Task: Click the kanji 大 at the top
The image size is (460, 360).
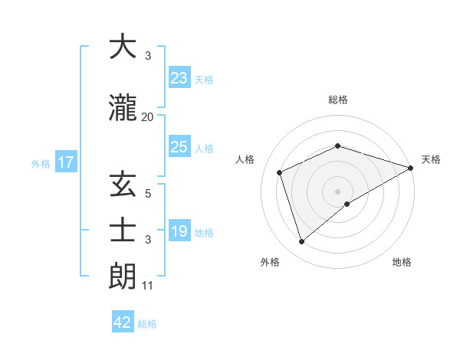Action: [123, 47]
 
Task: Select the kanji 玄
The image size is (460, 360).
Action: [123, 185]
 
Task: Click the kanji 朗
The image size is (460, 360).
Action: [123, 273]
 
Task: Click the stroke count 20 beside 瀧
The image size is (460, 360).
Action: [148, 116]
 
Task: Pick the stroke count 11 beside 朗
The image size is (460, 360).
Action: [148, 286]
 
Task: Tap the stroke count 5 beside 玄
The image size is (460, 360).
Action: [148, 194]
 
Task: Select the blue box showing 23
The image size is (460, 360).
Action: [179, 78]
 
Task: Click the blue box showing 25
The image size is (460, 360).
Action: [179, 147]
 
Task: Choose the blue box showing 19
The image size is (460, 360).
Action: [179, 231]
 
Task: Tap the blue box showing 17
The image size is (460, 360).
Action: [65, 162]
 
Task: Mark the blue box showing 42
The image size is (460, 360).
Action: [123, 322]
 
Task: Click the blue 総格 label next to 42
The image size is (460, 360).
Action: [147, 324]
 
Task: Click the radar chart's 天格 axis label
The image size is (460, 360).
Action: [431, 159]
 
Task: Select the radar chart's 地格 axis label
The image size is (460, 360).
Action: [402, 262]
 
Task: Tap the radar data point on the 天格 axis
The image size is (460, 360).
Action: [411, 168]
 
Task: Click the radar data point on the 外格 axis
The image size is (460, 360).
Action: [301, 242]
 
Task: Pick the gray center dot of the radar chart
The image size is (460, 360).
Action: [337, 191]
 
